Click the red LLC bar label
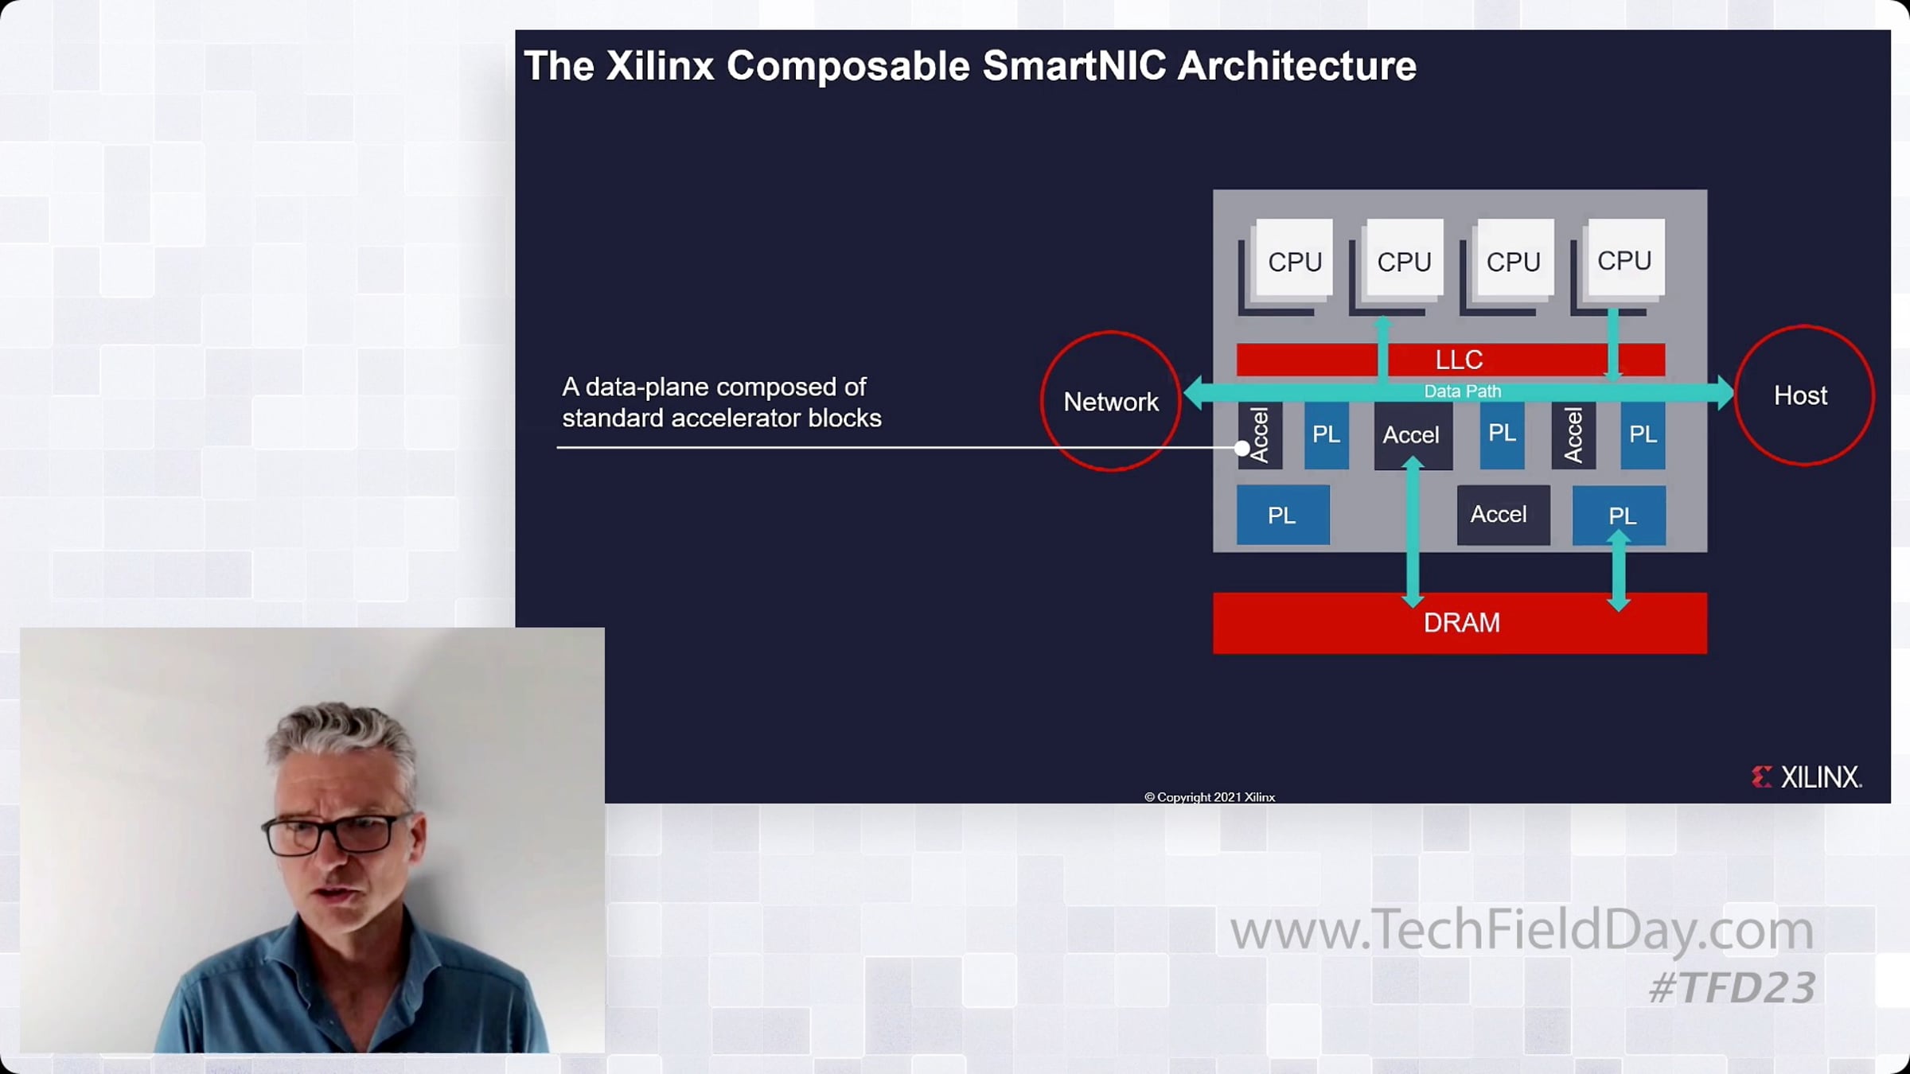tap(1459, 360)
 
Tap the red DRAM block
tap(1460, 623)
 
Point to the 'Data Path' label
tap(1463, 391)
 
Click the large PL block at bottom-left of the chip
tap(1283, 515)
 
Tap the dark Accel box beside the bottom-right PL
tap(1503, 515)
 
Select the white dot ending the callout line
tap(1241, 448)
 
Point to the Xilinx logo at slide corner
tap(1807, 776)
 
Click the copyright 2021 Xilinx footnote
tap(1210, 797)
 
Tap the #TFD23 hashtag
tap(1733, 988)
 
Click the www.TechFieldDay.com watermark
tap(1522, 929)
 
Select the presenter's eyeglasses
tap(338, 834)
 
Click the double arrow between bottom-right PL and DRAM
tap(1619, 571)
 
